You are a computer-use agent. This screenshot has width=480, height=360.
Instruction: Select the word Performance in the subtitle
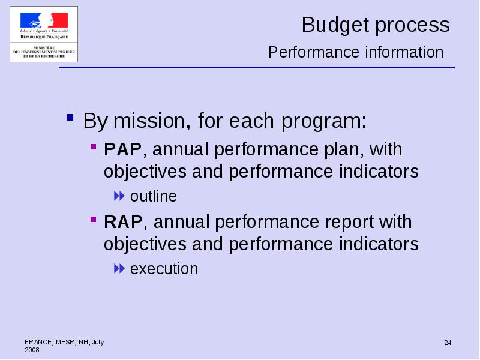(x=314, y=52)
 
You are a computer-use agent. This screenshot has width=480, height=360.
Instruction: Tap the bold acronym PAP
(x=123, y=149)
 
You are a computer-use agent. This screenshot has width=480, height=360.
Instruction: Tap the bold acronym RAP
(x=123, y=222)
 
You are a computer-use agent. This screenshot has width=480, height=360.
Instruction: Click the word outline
(x=154, y=196)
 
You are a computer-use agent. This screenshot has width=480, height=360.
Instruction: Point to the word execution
(x=164, y=269)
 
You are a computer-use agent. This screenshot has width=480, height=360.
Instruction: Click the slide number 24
(x=448, y=343)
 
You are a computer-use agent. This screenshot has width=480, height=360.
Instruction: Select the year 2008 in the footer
(x=32, y=350)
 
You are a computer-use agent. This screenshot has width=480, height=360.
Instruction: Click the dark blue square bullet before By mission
(x=70, y=117)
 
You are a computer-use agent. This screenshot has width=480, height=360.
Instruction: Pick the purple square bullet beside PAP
(x=94, y=147)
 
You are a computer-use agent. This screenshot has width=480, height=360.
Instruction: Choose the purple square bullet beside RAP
(x=94, y=220)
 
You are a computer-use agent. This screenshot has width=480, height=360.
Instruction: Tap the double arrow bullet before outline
(x=119, y=196)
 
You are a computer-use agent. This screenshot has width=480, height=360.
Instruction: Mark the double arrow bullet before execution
(x=119, y=269)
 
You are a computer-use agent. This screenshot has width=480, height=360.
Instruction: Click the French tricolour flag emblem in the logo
(x=44, y=20)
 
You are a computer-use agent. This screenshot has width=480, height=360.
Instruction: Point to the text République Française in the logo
(x=44, y=37)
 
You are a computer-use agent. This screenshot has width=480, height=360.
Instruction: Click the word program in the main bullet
(x=324, y=122)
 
